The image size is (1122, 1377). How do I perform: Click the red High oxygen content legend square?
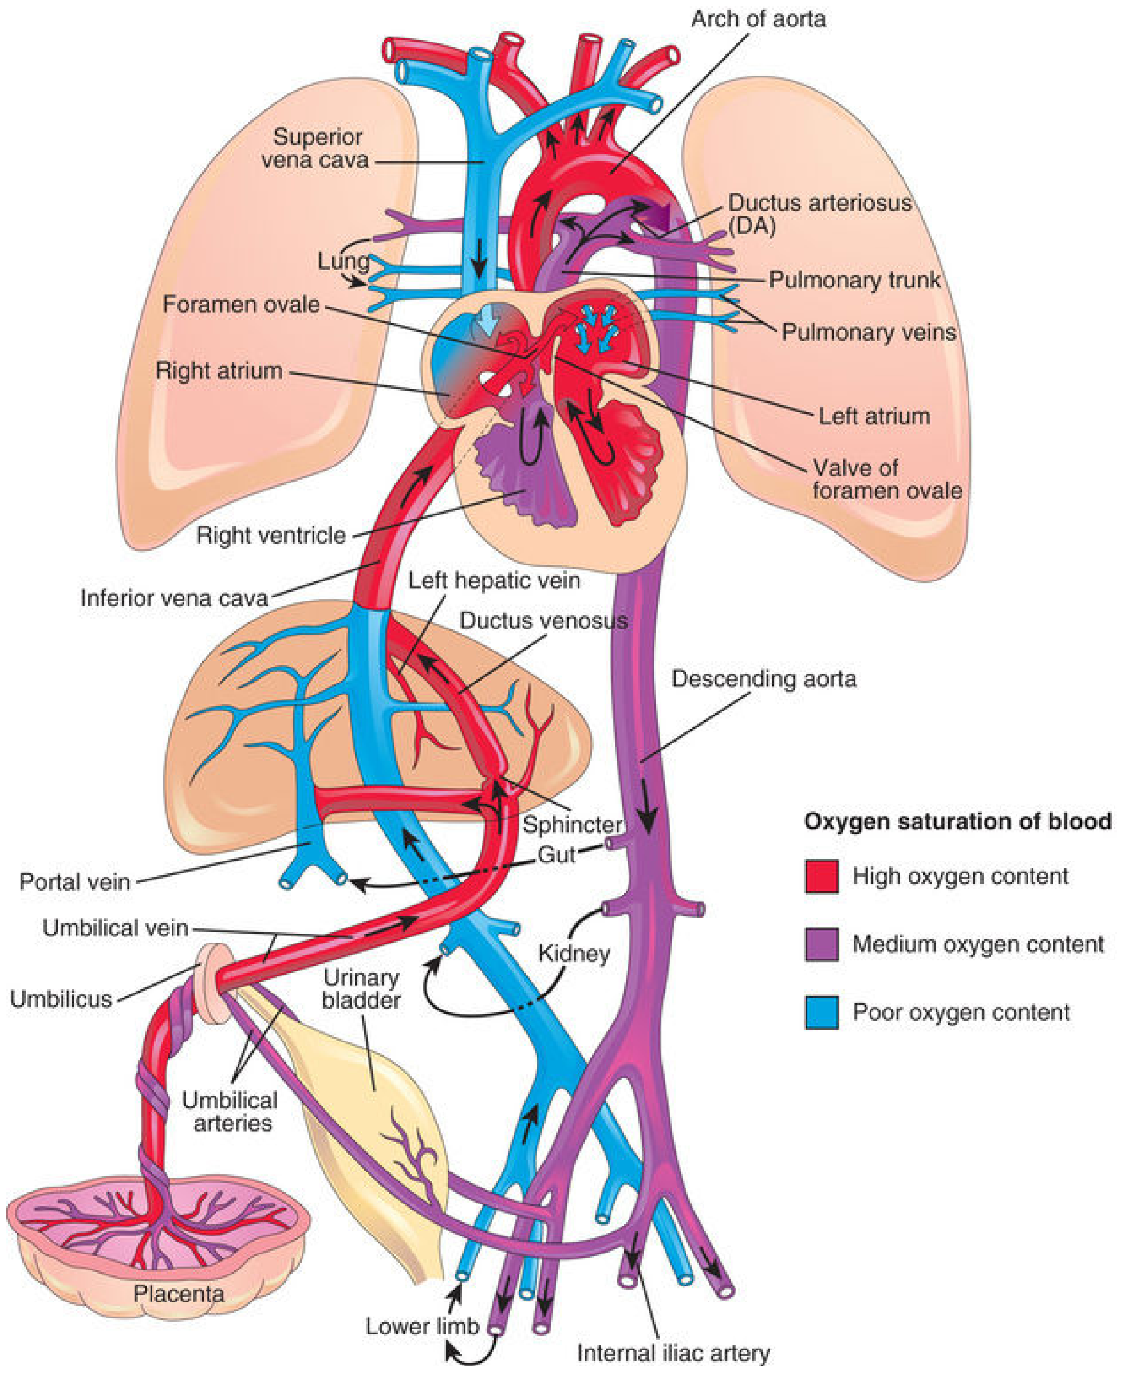click(821, 876)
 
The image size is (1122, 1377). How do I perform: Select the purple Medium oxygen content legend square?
click(821, 945)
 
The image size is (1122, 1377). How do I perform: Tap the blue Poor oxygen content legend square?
click(821, 1012)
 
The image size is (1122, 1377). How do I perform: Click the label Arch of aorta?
click(758, 20)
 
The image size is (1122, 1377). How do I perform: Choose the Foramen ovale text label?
click(241, 304)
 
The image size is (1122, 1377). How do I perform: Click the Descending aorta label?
click(764, 679)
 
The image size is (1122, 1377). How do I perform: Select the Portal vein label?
click(75, 881)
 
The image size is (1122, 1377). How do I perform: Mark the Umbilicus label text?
click(61, 999)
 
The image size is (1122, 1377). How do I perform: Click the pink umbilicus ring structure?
click(215, 983)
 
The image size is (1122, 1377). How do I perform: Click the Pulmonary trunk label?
click(854, 280)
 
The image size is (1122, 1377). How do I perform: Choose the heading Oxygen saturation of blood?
click(958, 821)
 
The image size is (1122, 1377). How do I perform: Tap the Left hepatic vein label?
click(494, 580)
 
